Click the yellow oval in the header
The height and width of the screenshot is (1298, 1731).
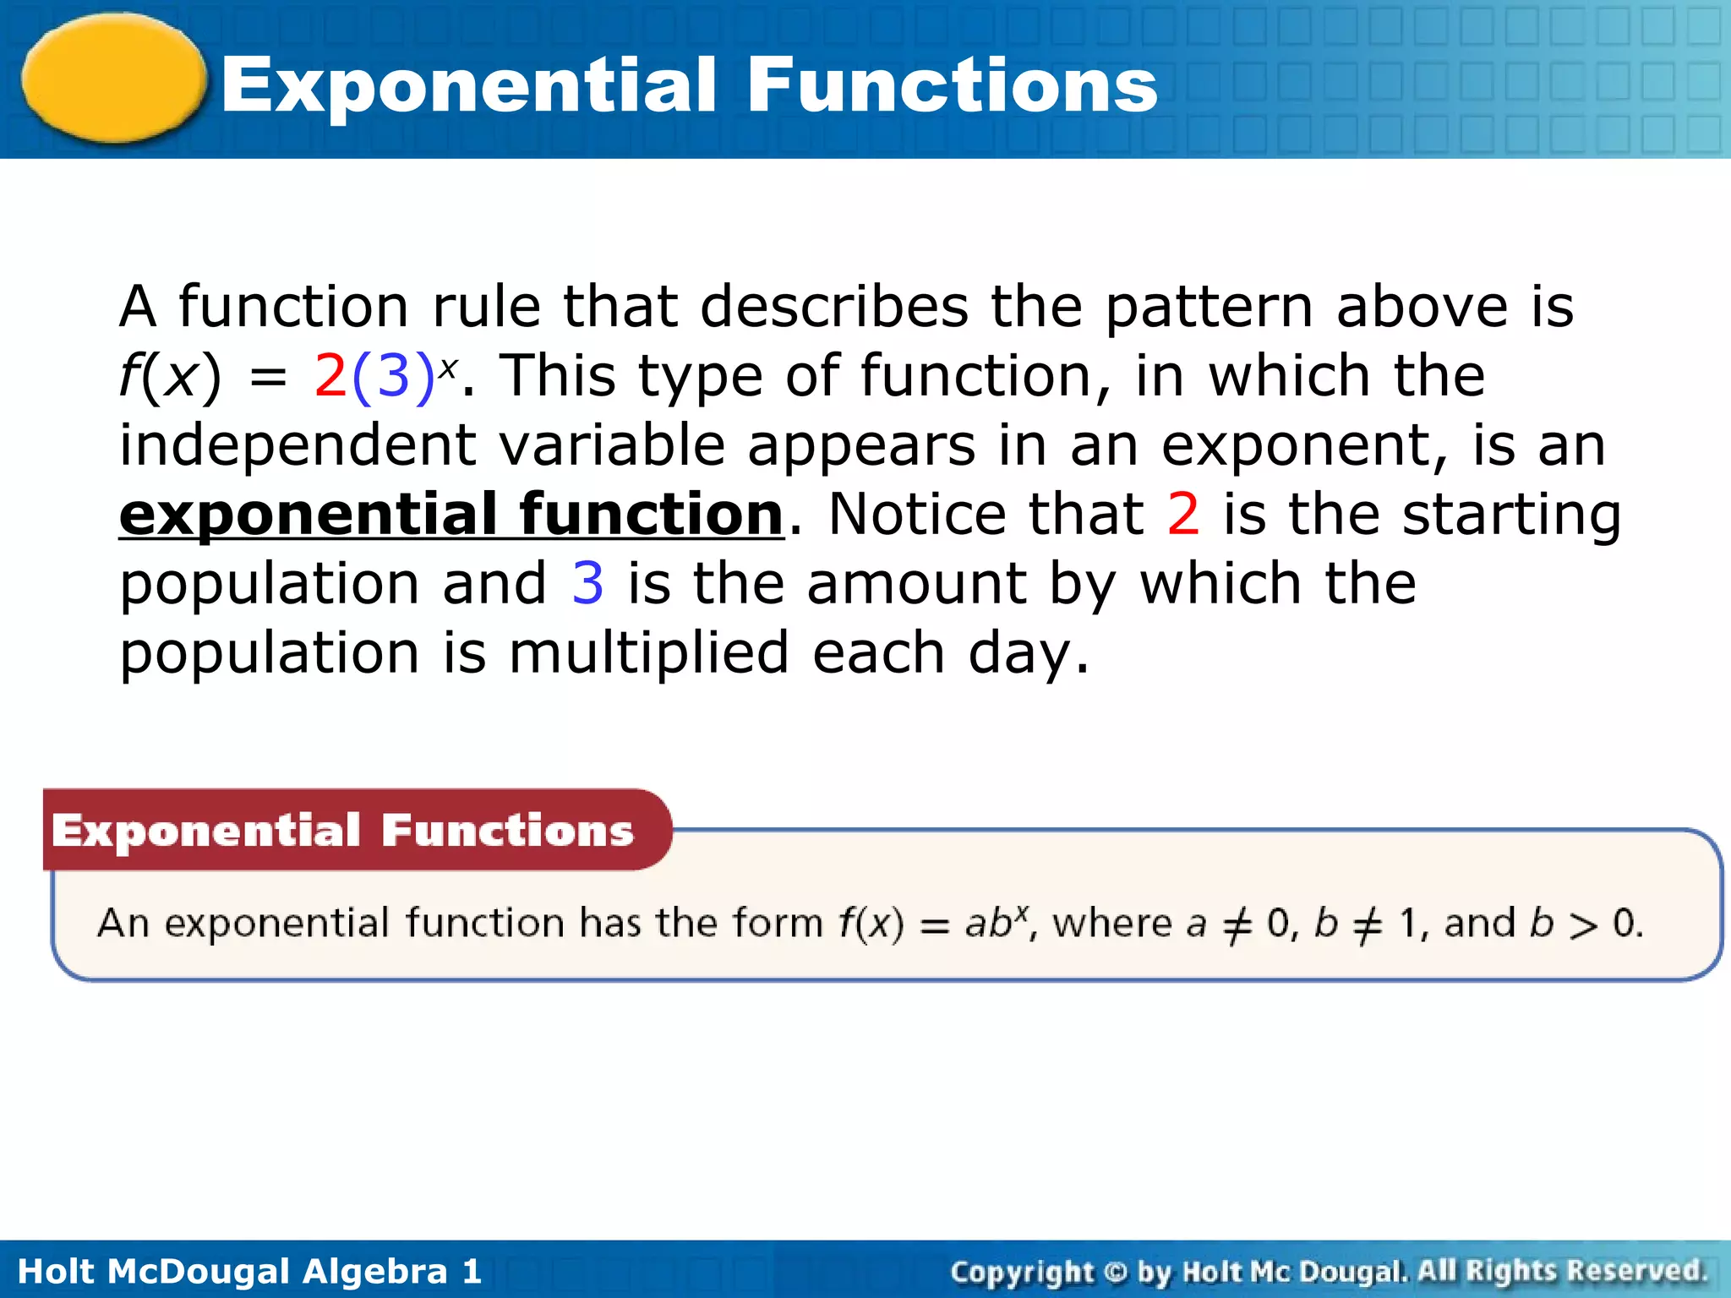coord(114,78)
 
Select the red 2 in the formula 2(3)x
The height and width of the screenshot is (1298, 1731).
coord(330,376)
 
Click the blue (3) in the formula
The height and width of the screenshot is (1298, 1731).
coord(392,376)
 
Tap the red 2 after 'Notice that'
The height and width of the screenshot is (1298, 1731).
coord(1182,514)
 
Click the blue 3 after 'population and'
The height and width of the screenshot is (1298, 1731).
coord(587,583)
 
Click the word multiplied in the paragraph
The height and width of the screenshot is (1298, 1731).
coord(648,653)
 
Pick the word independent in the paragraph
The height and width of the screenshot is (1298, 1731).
coord(297,445)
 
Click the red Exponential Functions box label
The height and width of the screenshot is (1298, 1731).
coord(342,831)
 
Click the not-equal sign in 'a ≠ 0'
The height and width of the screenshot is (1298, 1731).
coord(1237,925)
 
